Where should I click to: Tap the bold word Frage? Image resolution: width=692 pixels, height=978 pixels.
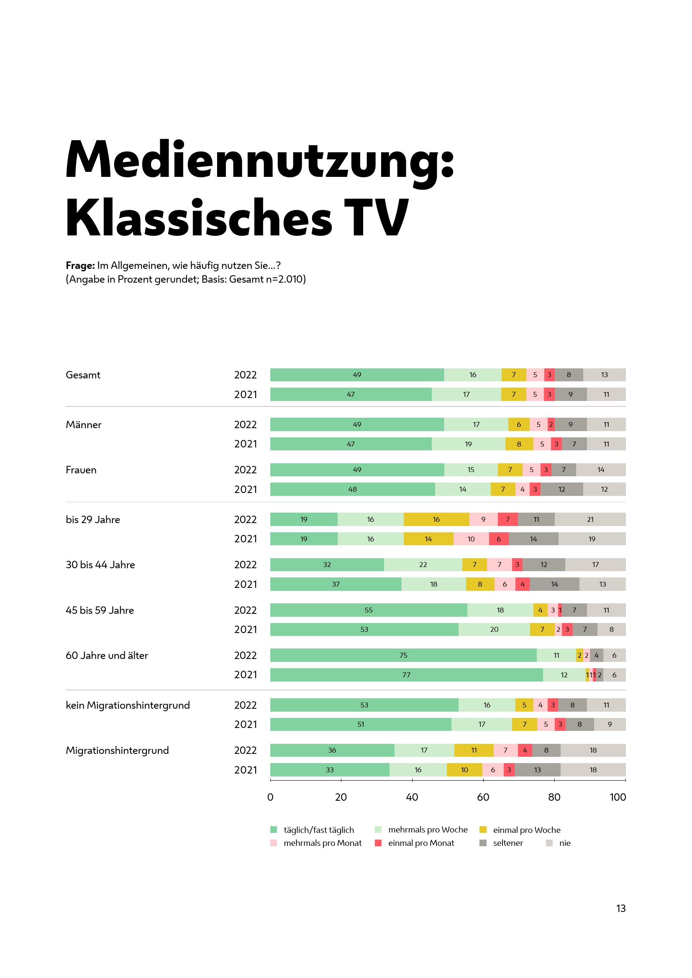[80, 266]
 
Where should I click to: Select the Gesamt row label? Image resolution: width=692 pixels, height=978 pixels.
[83, 375]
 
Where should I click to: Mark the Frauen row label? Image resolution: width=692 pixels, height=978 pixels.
[81, 470]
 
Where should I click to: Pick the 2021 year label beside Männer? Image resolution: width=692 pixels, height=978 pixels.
[246, 444]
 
